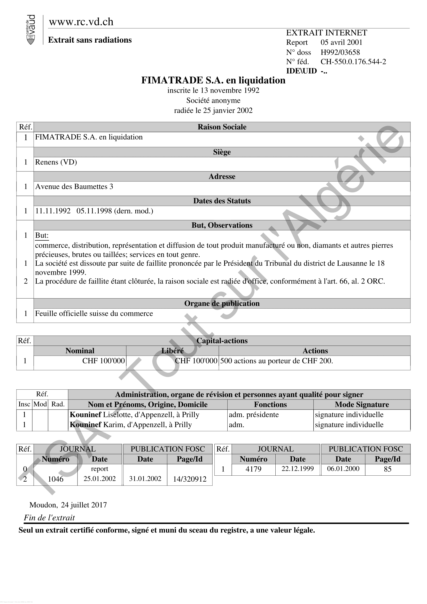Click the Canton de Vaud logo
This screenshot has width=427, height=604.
click(x=31, y=30)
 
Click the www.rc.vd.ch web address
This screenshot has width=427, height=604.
click(x=81, y=22)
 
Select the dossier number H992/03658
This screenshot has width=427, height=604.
click(x=340, y=52)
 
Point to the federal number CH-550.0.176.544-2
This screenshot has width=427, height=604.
click(x=353, y=62)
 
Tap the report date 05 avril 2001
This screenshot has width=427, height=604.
click(x=341, y=42)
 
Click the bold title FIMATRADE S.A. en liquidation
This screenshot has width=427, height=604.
click(x=213, y=80)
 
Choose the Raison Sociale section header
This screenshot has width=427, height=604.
click(x=222, y=127)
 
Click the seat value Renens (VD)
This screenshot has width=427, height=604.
click(x=56, y=162)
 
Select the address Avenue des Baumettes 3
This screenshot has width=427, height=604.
click(x=74, y=186)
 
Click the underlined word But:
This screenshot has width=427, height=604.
click(x=42, y=236)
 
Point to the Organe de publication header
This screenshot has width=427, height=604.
click(x=222, y=303)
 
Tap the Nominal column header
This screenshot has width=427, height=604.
click(x=80, y=351)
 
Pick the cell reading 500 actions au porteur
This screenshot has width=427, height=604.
click(x=276, y=361)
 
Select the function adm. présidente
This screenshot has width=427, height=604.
click(x=254, y=415)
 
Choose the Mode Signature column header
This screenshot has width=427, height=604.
click(x=361, y=404)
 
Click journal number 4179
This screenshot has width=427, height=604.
click(x=253, y=469)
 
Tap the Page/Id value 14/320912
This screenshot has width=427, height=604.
click(x=189, y=479)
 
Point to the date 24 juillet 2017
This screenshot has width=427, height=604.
click(x=84, y=505)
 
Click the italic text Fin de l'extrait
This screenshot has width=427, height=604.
click(x=49, y=518)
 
